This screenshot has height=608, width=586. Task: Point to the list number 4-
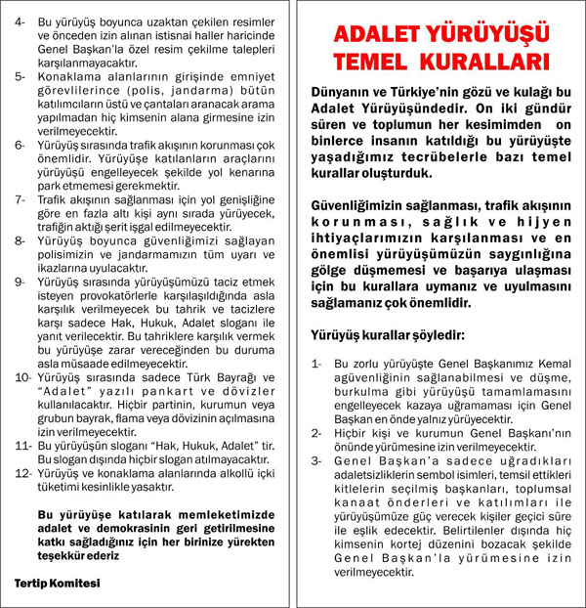[20, 20]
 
